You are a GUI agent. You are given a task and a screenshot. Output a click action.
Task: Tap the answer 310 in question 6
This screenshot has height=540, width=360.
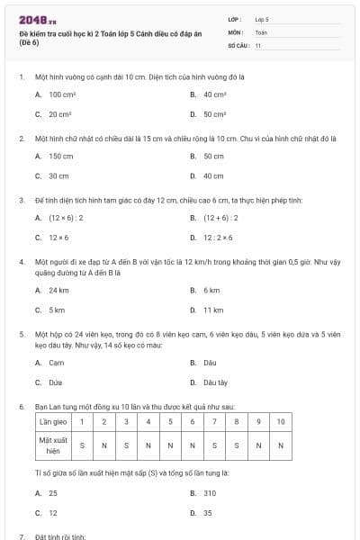[x=209, y=493]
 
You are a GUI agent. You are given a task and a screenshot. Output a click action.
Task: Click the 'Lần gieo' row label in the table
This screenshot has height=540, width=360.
[x=53, y=421]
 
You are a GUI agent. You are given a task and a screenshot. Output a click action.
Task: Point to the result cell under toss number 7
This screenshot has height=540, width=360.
[x=215, y=444]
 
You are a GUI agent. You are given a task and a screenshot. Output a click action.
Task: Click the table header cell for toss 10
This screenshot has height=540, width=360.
[x=280, y=421]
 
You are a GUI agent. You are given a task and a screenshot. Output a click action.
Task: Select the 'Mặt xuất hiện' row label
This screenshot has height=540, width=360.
[x=53, y=444]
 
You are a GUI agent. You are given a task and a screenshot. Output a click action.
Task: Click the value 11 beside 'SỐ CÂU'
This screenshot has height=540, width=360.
[x=258, y=44]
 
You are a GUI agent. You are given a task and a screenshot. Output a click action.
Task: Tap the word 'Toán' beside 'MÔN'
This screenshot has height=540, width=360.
[x=261, y=31]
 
